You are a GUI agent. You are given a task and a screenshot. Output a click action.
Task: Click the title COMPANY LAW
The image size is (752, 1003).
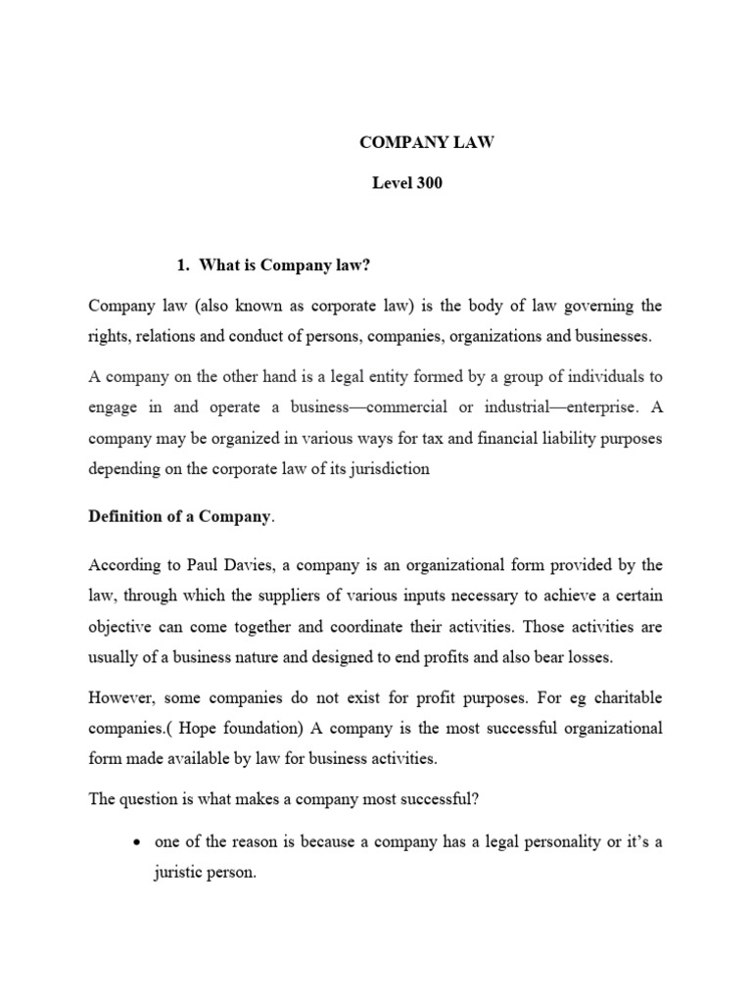pyautogui.click(x=427, y=142)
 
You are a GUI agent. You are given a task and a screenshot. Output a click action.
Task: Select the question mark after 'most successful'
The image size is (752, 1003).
pyautogui.click(x=475, y=799)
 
